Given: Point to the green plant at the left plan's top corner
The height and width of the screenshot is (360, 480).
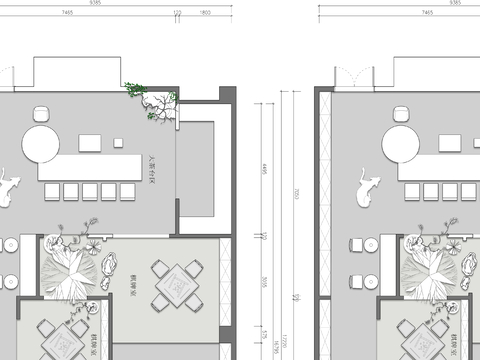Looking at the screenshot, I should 135,89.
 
